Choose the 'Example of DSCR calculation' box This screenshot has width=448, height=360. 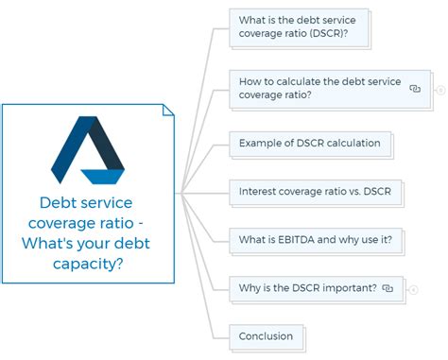(310, 144)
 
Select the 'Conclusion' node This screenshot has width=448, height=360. (267, 336)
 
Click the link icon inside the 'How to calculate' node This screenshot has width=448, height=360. (414, 89)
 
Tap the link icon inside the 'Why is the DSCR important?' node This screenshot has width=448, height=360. (388, 288)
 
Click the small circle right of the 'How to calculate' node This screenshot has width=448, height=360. (440, 90)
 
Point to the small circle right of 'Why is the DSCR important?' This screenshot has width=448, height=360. (414, 289)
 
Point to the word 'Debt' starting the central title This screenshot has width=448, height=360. (58, 203)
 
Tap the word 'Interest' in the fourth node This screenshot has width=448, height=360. (261, 192)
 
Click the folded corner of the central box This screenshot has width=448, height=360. (168, 110)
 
